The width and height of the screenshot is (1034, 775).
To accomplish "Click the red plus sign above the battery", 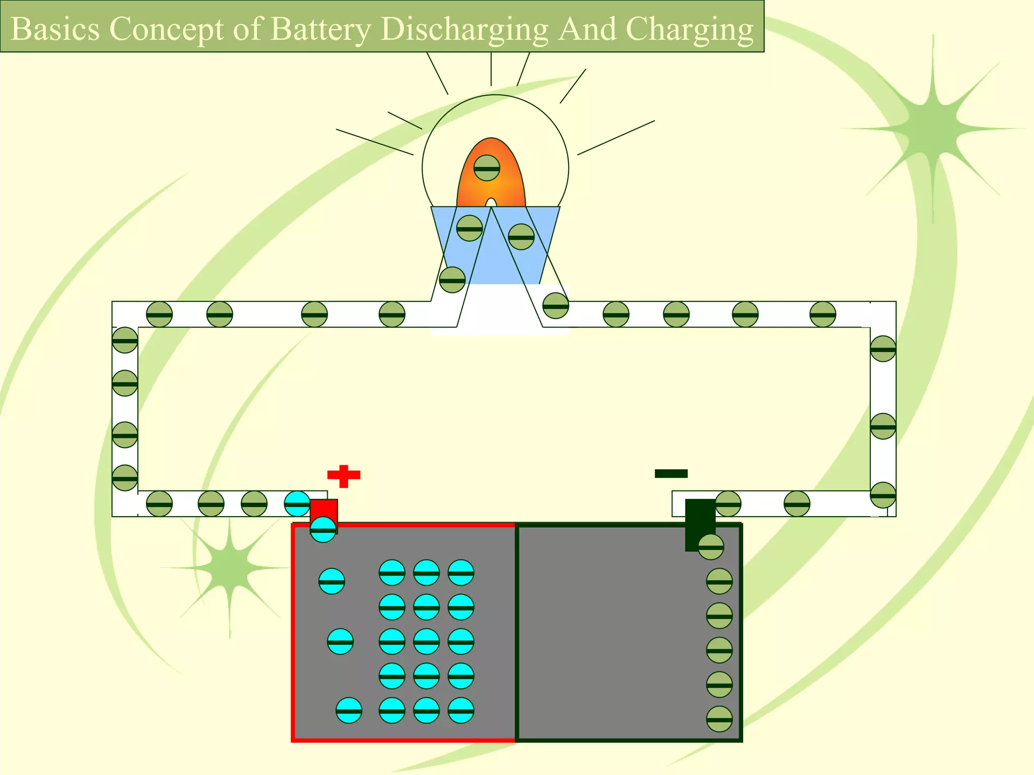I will pyautogui.click(x=344, y=475).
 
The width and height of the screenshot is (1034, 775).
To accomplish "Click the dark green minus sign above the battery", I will pyautogui.click(x=671, y=473).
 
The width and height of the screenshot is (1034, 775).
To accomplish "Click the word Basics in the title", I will pyautogui.click(x=55, y=29).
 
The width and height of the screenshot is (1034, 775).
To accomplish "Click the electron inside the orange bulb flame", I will pyautogui.click(x=487, y=168).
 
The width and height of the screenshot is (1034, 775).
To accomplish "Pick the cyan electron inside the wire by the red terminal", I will pyautogui.click(x=297, y=504).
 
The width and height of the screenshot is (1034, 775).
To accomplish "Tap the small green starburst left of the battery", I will pyautogui.click(x=229, y=568).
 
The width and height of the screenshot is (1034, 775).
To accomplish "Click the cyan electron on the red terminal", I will pyautogui.click(x=323, y=529).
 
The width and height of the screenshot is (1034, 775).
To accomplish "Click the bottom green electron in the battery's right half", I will pyautogui.click(x=719, y=719).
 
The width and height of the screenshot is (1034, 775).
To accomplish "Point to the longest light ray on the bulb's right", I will pyautogui.click(x=616, y=137).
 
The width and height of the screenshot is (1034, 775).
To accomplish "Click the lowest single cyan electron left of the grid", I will pyautogui.click(x=349, y=710).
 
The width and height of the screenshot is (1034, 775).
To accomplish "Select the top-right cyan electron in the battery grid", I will pyautogui.click(x=460, y=573).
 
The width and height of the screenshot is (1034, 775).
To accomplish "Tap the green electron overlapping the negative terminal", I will pyautogui.click(x=711, y=547).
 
